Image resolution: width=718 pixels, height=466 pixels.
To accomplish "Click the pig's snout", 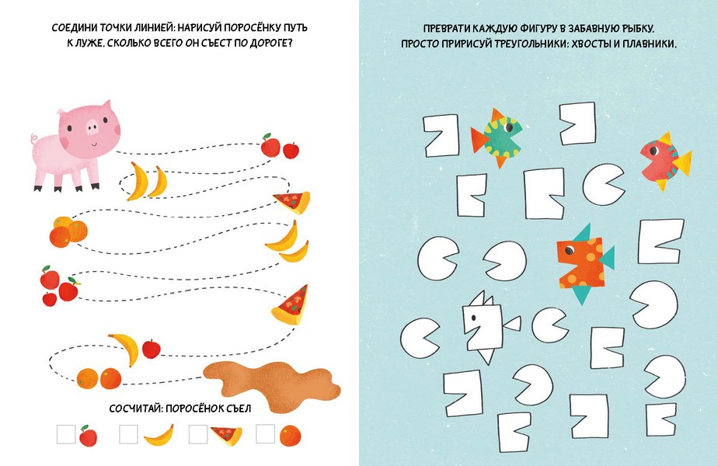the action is click(92, 127).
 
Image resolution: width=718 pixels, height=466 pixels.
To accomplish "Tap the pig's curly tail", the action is click(34, 139).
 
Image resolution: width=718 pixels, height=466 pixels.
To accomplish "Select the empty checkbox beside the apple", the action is click(66, 434).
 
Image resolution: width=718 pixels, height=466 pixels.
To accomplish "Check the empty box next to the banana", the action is click(128, 434).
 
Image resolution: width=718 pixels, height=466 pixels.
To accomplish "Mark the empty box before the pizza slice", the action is click(198, 434).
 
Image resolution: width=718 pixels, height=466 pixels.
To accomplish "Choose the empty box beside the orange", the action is click(265, 433).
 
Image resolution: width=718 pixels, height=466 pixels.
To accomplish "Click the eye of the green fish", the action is click(509, 127).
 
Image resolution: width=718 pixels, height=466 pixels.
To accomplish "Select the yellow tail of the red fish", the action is click(681, 163).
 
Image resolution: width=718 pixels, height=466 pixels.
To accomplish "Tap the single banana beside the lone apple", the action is click(126, 349).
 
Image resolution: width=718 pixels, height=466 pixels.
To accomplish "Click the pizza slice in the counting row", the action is click(227, 436).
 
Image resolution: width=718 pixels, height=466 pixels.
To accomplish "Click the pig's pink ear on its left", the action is click(61, 112).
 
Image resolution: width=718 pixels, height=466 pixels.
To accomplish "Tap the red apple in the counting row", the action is click(88, 436).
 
